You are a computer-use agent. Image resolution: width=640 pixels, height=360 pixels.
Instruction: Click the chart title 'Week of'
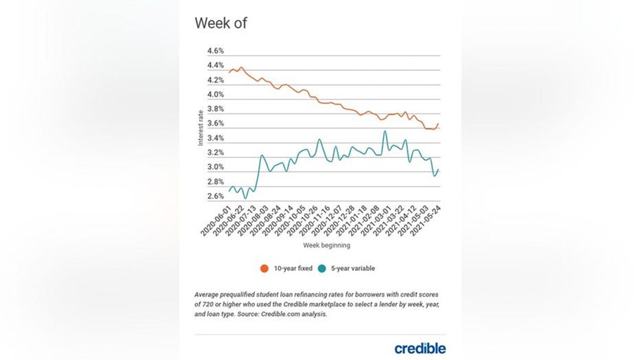220,23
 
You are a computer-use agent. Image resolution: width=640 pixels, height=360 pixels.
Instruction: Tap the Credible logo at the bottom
420,348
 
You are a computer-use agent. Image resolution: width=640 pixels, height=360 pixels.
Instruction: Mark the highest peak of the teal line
385,131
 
